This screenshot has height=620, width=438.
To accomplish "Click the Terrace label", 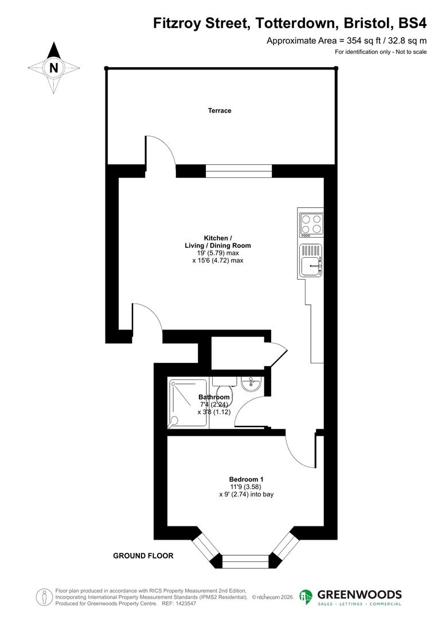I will click(220, 110).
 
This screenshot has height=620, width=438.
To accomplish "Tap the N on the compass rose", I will click(54, 67).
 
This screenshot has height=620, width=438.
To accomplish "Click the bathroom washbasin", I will click(251, 384).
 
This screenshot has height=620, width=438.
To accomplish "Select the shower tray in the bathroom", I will click(188, 403).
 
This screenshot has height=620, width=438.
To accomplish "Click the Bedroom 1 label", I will click(246, 479).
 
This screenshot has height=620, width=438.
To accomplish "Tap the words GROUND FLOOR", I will click(143, 556).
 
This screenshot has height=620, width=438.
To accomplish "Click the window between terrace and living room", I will click(238, 170).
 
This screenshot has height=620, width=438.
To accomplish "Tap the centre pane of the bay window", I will click(245, 561).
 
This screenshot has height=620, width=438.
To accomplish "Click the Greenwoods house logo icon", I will click(306, 597).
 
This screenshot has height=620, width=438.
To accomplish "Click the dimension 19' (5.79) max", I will click(217, 253).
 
